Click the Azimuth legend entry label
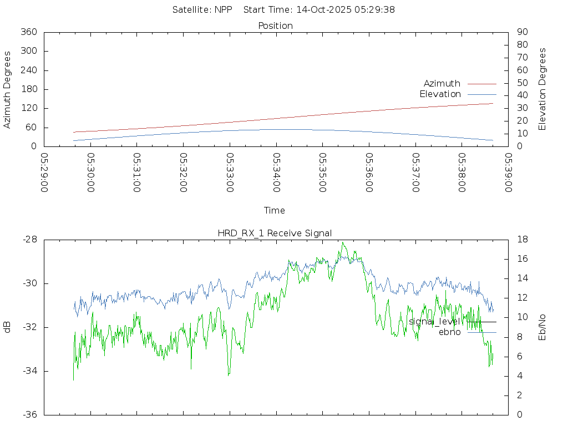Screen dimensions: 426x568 [442, 84]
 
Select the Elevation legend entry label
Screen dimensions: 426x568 [440, 94]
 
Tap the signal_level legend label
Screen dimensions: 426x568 [434, 322]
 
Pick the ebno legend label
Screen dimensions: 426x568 [449, 332]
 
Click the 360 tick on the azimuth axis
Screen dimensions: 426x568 [28, 32]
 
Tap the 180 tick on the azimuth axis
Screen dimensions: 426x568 [28, 89]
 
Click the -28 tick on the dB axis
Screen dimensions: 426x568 [29, 240]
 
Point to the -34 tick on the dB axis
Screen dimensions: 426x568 [29, 371]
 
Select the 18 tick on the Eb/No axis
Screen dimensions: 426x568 [521, 240]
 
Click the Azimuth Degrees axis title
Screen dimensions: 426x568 [8, 89]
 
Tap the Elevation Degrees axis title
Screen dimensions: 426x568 [542, 89]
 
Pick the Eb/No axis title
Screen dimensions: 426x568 [542, 327]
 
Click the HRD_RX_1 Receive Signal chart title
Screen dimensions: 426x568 [275, 233]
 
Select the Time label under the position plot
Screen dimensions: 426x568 [275, 210]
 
